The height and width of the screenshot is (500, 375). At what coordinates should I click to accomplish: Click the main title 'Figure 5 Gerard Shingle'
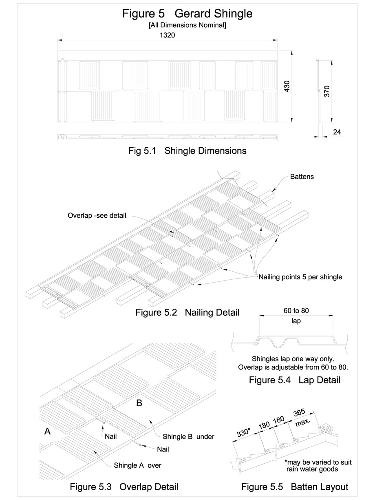[x=187, y=13]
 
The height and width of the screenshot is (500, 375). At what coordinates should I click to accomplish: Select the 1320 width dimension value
[x=168, y=35]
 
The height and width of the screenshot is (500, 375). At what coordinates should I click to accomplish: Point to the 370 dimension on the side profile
[x=326, y=91]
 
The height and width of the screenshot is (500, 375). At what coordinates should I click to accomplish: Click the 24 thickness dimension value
[x=336, y=131]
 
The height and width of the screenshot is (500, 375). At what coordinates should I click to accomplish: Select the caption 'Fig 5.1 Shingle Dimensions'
[x=187, y=150]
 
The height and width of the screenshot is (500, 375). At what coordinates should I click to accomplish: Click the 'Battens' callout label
[x=302, y=177]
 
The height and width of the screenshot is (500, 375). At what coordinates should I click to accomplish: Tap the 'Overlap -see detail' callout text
[x=97, y=215]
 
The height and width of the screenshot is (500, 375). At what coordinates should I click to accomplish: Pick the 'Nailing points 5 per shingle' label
[x=300, y=277]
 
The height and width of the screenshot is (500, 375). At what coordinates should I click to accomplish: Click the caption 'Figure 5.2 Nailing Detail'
[x=187, y=313]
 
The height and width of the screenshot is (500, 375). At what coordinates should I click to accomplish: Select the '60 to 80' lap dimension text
[x=296, y=311]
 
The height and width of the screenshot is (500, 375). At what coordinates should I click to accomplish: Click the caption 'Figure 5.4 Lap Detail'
[x=294, y=381]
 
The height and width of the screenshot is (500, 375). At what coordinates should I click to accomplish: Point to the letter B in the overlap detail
[x=139, y=403]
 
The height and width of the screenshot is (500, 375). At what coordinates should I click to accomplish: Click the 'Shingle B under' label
[x=188, y=436]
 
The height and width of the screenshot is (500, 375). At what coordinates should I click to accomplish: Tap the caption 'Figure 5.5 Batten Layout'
[x=294, y=487]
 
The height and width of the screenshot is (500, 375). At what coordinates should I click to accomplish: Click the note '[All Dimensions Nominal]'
[x=187, y=25]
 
